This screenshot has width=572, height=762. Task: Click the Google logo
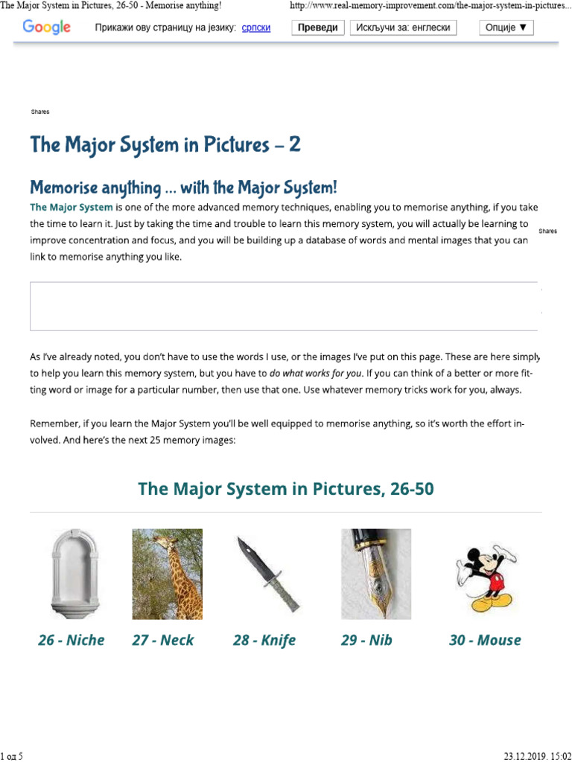pos(47,28)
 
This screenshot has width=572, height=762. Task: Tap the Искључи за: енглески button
pos(404,28)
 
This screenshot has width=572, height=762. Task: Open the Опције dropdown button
pos(506,28)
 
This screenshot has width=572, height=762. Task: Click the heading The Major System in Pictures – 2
pos(165,144)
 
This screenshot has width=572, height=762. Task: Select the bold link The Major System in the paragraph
pos(71,207)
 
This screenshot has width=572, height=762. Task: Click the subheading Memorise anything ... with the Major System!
pos(183,186)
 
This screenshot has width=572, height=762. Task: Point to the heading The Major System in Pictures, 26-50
pos(286,489)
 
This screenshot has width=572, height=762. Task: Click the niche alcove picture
pos(72,574)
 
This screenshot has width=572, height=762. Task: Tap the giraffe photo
pos(168,574)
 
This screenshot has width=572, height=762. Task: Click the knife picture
pos(267,574)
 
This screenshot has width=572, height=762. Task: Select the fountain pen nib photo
pos(375,574)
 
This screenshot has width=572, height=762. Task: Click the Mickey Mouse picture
pos(484,574)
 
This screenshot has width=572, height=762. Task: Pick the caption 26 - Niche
pos(71,640)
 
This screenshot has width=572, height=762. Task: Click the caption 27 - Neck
pos(163,640)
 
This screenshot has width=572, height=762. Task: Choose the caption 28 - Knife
pos(264,640)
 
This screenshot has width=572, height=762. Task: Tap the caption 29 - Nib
pos(366,640)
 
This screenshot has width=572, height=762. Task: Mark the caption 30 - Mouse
pos(485,640)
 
